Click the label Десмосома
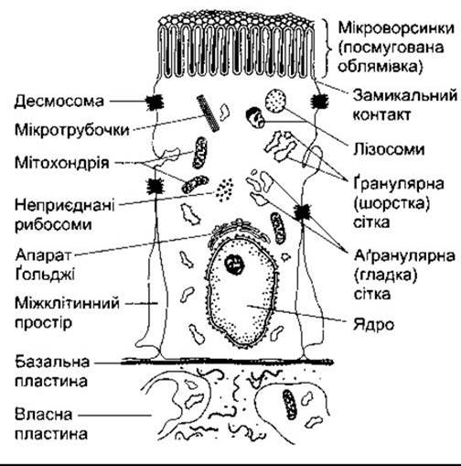(x=59, y=102)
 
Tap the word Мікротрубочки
(x=72, y=130)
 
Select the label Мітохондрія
(x=62, y=162)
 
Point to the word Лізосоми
(x=389, y=149)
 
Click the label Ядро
(x=373, y=325)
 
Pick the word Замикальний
(x=405, y=95)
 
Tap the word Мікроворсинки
(x=396, y=28)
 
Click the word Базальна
(x=52, y=362)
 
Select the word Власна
(x=44, y=415)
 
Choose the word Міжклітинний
(x=67, y=303)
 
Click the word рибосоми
(x=53, y=225)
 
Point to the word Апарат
(x=43, y=255)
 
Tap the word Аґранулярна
(x=404, y=255)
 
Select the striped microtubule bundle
(x=208, y=113)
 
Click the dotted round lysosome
(x=275, y=101)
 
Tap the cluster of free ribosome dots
(x=225, y=190)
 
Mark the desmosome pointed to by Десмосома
(x=155, y=103)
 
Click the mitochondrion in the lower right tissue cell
(x=289, y=404)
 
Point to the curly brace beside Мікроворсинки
(x=328, y=49)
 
